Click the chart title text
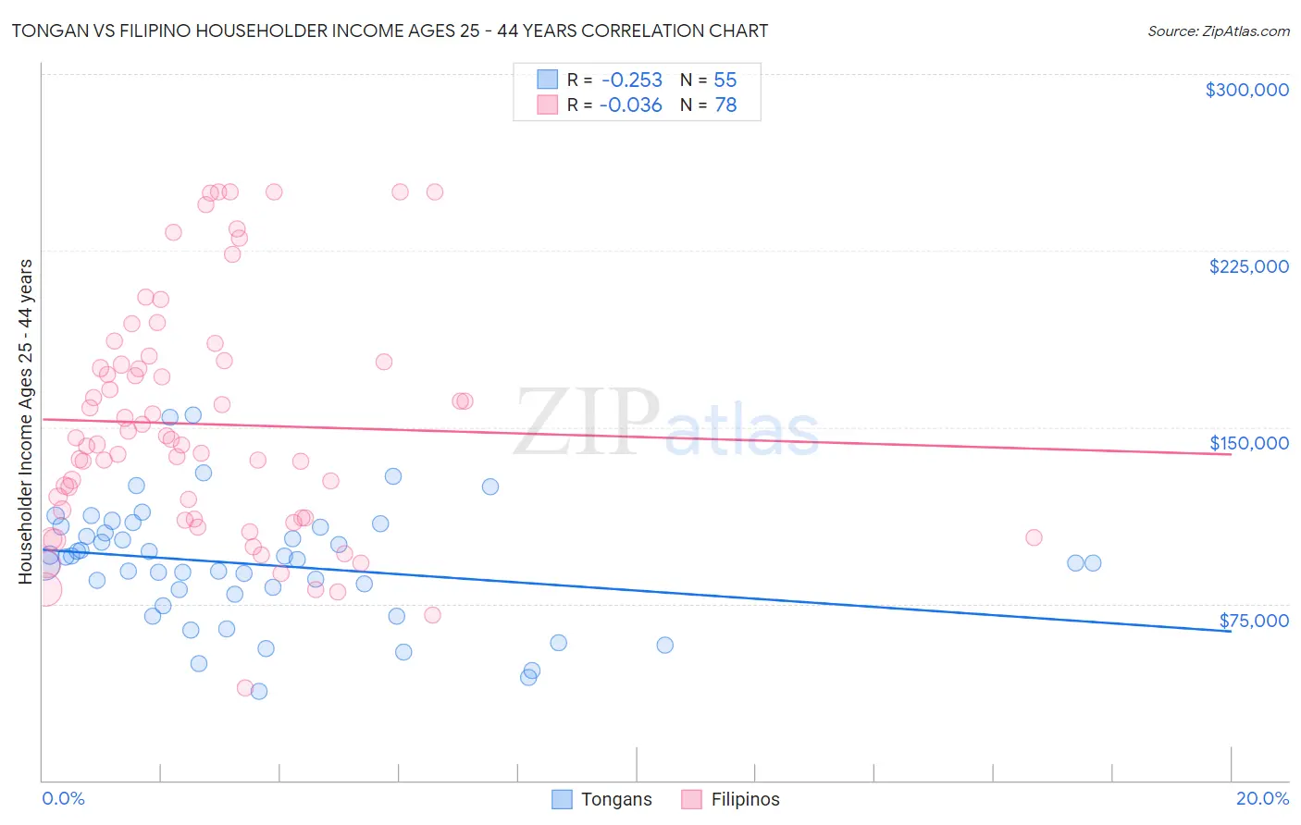pos(389,31)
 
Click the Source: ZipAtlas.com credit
pos(1218,31)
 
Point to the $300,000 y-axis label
pos(1246,90)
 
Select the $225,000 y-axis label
pos(1248,266)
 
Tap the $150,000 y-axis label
pos(1248,443)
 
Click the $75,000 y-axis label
pos(1253,621)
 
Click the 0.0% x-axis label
pos(63,798)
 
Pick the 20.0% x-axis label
pos(1262,798)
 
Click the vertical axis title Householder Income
pos(25,422)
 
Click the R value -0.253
pos(631,80)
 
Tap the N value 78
pos(725,105)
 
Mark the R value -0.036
pos(631,105)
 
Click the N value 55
pos(725,80)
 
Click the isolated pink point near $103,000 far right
pos(1034,537)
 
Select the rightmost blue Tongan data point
pos(1093,562)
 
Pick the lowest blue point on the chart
pos(259,691)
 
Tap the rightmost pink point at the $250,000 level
pos(434,192)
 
